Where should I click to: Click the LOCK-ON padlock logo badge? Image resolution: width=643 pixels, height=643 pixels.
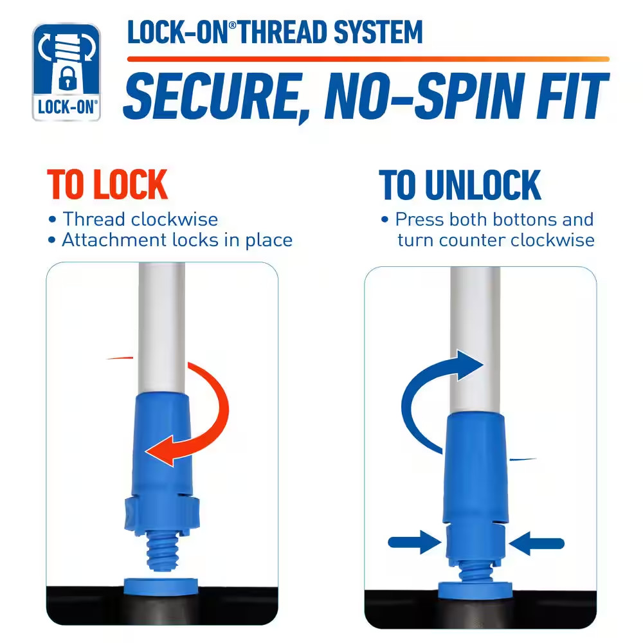tap(66, 72)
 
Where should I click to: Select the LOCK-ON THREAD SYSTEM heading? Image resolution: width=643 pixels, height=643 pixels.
tap(275, 33)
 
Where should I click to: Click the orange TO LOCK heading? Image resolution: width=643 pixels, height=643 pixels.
tap(107, 185)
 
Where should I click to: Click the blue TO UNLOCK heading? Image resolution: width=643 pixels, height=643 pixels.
tap(460, 185)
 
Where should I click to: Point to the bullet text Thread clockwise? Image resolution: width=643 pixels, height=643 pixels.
tap(140, 219)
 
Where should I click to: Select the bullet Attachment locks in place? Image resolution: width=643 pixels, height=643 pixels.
tap(177, 240)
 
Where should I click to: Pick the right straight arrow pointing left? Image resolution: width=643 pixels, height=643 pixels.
tap(537, 543)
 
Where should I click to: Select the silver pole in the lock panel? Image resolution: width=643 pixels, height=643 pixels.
tap(162, 321)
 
